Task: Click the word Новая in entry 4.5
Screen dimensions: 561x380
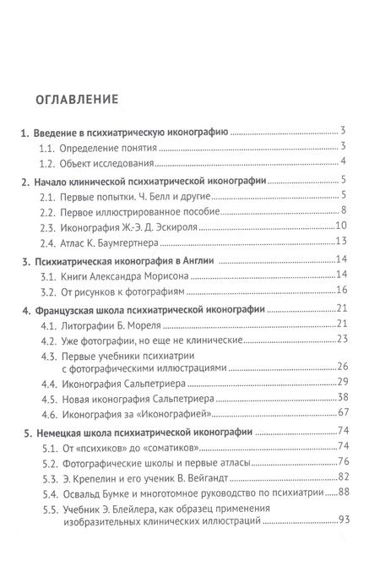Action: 80,397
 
